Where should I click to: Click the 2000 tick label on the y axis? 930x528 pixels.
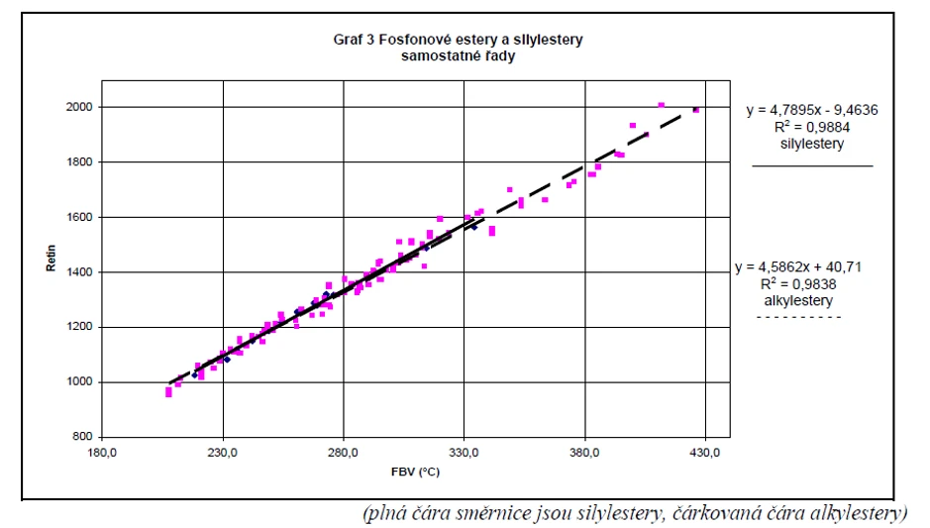(x=81, y=107)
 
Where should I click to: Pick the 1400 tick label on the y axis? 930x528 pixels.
(x=81, y=272)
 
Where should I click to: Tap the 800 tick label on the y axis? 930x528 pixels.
(x=84, y=437)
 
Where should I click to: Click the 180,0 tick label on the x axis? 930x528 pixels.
(x=102, y=454)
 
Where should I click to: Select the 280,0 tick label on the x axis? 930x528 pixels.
(x=344, y=454)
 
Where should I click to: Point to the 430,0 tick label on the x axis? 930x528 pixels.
(x=706, y=454)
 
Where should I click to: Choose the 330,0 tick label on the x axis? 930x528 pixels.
(x=465, y=454)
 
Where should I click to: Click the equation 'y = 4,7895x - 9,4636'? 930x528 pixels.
(x=812, y=111)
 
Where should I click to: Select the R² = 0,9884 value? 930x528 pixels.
(x=812, y=128)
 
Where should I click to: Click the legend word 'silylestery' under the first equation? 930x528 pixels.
(x=812, y=145)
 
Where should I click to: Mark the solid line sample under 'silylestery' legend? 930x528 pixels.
(x=812, y=165)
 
